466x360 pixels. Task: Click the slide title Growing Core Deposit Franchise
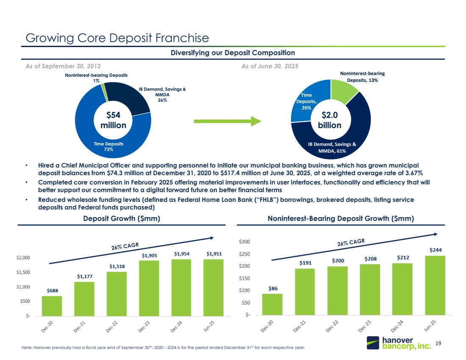[x=117, y=38]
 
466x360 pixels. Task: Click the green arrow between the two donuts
[x=227, y=121]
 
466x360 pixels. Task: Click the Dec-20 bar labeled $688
[x=52, y=306]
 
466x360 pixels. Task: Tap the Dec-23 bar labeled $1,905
[x=149, y=288]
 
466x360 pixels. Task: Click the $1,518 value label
[x=116, y=266]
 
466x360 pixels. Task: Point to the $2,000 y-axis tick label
[x=23, y=258]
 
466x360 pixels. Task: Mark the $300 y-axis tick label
[x=245, y=242]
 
